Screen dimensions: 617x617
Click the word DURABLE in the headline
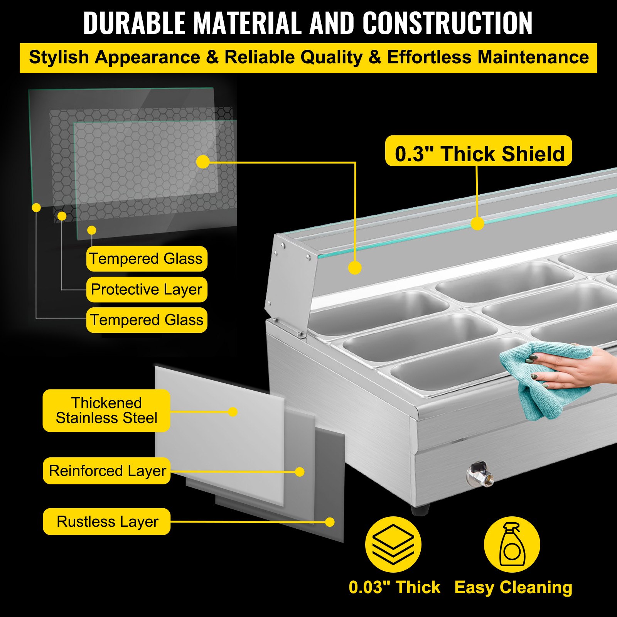pyautogui.click(x=134, y=23)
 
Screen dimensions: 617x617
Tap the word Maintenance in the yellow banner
pyautogui.click(x=533, y=57)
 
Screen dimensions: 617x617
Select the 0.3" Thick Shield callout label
pyautogui.click(x=479, y=151)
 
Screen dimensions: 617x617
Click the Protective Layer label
pyautogui.click(x=147, y=289)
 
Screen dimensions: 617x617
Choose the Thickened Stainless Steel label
pyautogui.click(x=106, y=410)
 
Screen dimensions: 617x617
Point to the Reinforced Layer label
pyautogui.click(x=107, y=471)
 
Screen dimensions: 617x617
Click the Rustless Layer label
pyautogui.click(x=107, y=521)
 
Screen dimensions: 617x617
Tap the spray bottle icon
pyautogui.click(x=512, y=544)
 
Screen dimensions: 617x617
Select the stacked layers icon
pyautogui.click(x=393, y=544)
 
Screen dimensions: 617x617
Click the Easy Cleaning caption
pyautogui.click(x=513, y=587)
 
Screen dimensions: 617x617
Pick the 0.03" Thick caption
pyautogui.click(x=394, y=587)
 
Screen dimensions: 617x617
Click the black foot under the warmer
pyautogui.click(x=420, y=510)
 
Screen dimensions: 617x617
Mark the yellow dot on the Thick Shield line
pyautogui.click(x=477, y=224)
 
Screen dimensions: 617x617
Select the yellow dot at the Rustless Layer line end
pyautogui.click(x=330, y=522)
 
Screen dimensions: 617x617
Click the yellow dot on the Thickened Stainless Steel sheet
pyautogui.click(x=233, y=412)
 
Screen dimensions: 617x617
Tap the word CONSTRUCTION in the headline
pyautogui.click(x=447, y=23)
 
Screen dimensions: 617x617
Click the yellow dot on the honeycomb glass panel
pyautogui.click(x=203, y=162)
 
